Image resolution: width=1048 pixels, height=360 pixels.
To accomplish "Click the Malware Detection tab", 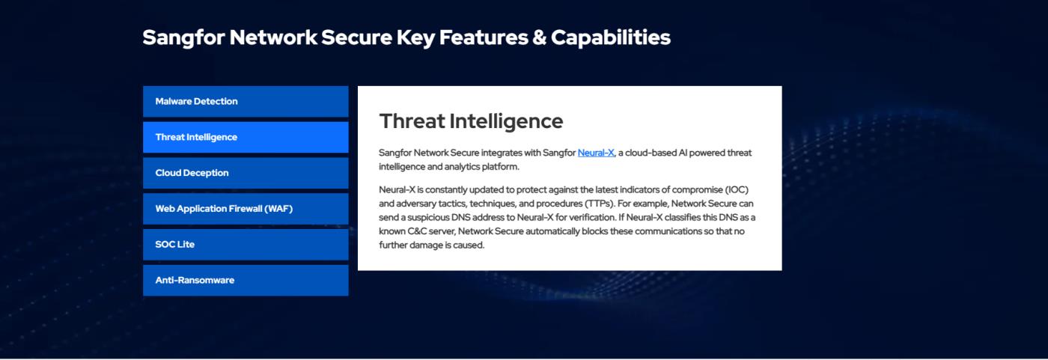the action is pos(246,101).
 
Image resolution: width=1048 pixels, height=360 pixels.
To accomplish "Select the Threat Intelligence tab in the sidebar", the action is pos(246,137).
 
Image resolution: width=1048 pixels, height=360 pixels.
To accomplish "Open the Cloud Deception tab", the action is pos(246,173).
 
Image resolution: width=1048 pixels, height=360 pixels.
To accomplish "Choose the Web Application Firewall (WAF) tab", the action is pos(246,209).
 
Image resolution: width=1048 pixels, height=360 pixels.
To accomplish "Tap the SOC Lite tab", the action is pos(246,245).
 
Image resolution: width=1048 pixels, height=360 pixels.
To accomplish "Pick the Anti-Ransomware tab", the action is pos(246,280).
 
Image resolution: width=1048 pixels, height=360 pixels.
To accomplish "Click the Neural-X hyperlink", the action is pos(596,153).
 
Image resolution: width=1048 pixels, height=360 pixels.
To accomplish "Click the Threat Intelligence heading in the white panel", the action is pos(471,121).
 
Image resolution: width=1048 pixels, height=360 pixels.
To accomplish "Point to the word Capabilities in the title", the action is pos(611,38).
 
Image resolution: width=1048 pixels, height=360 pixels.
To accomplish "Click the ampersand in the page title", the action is pos(540,37).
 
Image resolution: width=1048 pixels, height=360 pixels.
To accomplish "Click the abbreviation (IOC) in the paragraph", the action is pos(737,190).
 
